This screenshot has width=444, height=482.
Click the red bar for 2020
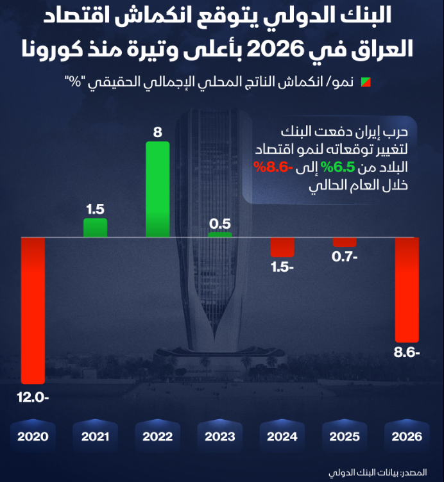[33, 310]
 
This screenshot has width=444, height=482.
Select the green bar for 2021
[95, 228]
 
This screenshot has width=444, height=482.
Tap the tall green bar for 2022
[158, 189]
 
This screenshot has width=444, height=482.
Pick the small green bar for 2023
[220, 235]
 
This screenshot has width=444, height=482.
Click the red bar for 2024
[282, 247]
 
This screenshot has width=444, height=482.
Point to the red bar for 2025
[345, 242]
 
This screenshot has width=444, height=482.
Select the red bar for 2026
[407, 289]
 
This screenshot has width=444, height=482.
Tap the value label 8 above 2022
[158, 133]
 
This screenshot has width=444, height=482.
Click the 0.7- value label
[345, 257]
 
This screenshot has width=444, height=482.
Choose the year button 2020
[33, 436]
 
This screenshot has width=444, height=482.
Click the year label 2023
[220, 436]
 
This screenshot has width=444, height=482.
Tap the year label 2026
[407, 436]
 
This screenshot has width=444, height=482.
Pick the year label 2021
[95, 436]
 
